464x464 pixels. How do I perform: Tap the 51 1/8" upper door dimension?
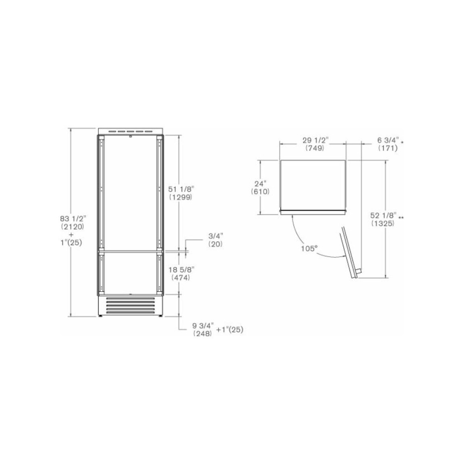pos(180,189)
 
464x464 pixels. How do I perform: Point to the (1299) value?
pos(180,197)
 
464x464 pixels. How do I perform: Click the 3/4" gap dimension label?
pos(215,236)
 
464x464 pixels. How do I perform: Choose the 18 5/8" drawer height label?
pos(180,270)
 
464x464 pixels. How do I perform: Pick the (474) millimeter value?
pos(180,277)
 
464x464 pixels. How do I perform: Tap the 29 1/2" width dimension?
pos(315,141)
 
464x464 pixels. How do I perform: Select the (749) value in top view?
pos(315,148)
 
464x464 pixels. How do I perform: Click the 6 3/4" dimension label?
pos(386,141)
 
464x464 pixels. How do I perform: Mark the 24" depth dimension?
pos(260,183)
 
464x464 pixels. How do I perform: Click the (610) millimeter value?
pos(260,191)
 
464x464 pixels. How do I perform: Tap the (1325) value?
pos(383,223)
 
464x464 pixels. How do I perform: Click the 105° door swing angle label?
pos(308,248)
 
